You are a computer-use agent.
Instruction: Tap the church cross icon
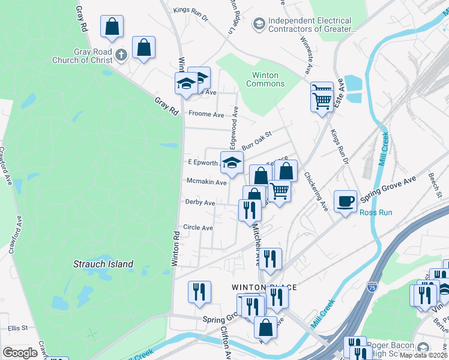121,56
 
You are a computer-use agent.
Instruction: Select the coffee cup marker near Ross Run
345,201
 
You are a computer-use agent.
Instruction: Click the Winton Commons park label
265,79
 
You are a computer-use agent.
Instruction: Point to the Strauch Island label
103,264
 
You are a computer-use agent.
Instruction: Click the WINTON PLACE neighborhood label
265,287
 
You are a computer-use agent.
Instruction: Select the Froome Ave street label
206,114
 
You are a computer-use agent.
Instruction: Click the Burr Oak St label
257,142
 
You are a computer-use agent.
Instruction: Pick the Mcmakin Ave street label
206,182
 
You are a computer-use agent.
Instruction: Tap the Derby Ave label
200,203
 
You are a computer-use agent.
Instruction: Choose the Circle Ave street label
198,227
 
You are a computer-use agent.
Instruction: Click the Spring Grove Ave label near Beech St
394,181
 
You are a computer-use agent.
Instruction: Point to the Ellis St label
18,328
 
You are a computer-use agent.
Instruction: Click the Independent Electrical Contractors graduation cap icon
259,24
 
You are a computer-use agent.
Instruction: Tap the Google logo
20,353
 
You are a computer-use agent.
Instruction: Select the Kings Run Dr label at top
190,10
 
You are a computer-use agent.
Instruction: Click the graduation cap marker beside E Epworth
232,161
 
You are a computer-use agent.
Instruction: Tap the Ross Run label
376,212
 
